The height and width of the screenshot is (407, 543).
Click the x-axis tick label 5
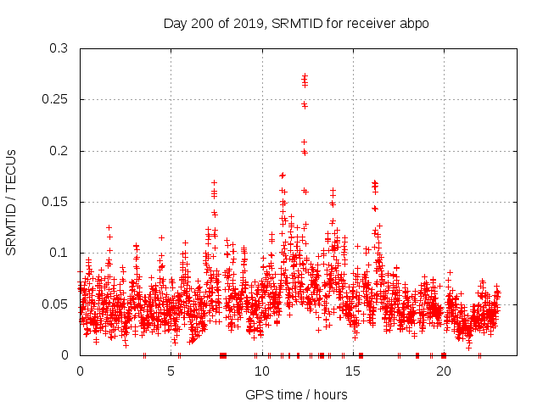(171, 371)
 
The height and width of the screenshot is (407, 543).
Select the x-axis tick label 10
(261, 371)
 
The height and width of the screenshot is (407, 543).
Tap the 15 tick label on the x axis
(352, 371)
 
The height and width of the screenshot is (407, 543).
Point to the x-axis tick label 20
(443, 371)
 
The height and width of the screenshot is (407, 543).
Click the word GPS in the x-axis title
(258, 394)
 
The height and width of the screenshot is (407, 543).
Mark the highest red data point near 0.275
(305, 75)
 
